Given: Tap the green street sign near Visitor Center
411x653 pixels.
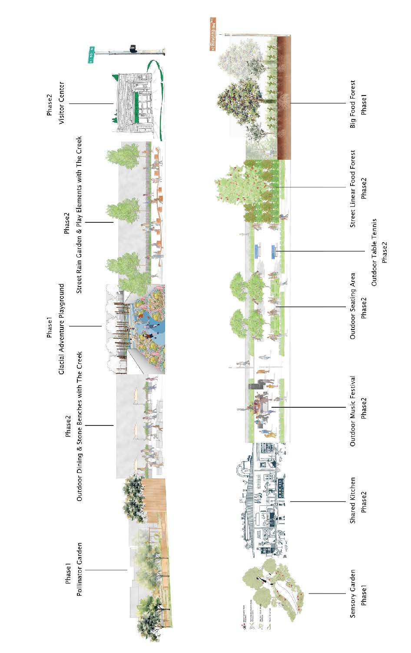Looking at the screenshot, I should (x=92, y=55).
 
